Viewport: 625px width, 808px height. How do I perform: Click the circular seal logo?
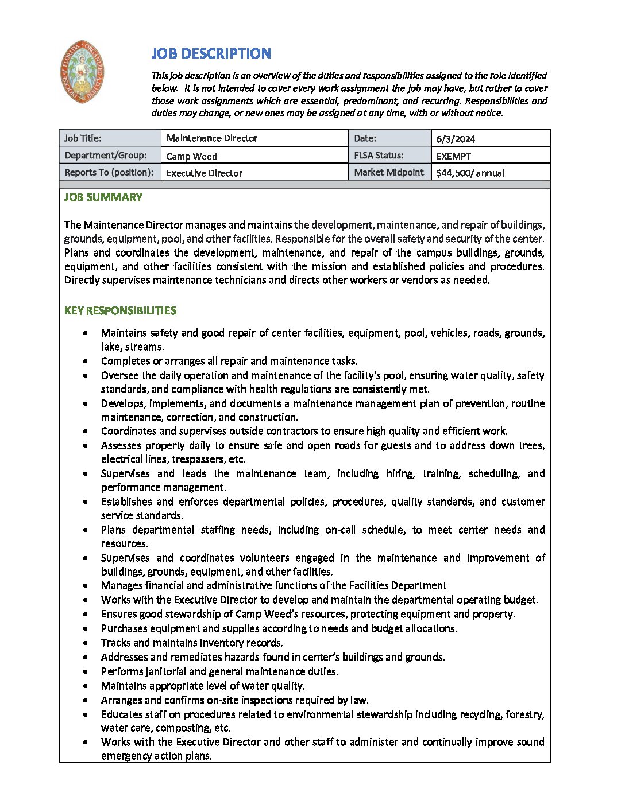(82, 72)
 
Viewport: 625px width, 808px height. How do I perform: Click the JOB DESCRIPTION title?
(211, 54)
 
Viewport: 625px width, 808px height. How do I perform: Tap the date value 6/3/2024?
(456, 139)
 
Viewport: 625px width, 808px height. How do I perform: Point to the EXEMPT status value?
(453, 156)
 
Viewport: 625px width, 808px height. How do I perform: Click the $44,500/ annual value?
(470, 173)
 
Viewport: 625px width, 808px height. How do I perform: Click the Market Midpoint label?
(389, 172)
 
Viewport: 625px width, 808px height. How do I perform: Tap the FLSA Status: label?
(379, 156)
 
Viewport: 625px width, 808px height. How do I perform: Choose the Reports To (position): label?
(109, 172)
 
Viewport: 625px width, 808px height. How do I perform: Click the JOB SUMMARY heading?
(103, 197)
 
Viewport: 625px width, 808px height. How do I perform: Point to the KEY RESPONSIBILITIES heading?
(120, 311)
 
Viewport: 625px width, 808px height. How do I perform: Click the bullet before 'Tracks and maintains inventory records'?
(86, 643)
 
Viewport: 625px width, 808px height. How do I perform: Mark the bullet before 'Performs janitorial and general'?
(86, 672)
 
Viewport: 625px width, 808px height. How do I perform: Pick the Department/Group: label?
(106, 156)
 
